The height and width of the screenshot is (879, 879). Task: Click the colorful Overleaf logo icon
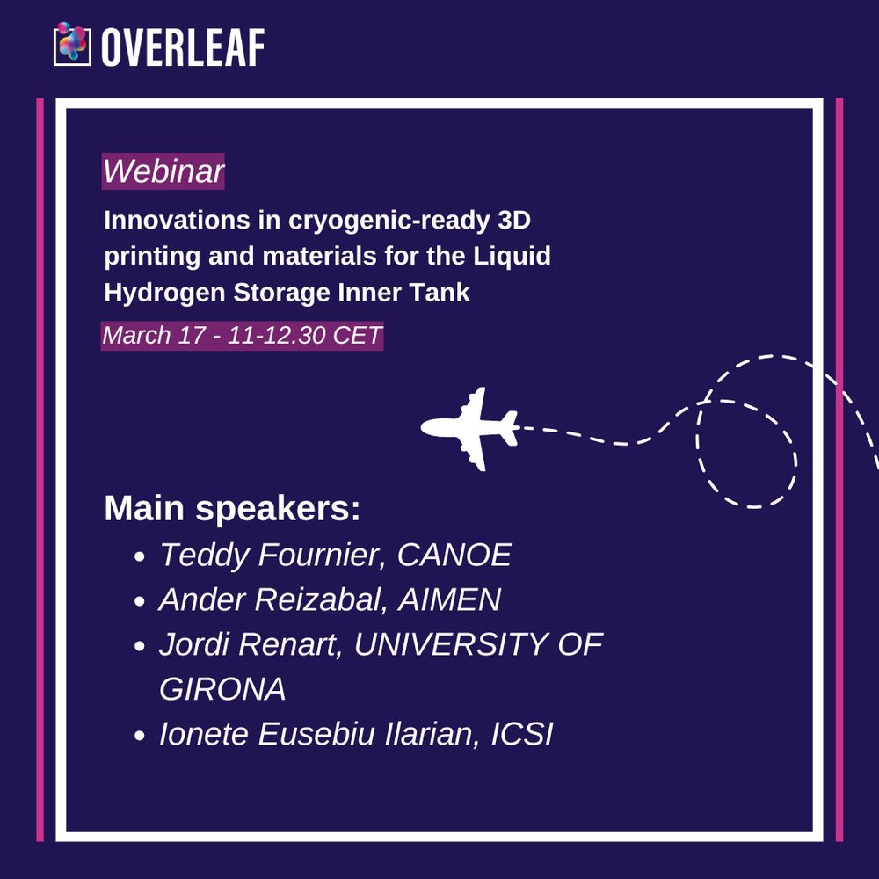tap(72, 44)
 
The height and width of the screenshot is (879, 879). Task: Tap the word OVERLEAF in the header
tap(183, 47)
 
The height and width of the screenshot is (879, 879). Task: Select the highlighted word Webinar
tap(163, 171)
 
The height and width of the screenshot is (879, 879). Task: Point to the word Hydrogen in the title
tap(164, 293)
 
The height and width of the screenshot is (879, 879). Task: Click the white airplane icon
tap(469, 429)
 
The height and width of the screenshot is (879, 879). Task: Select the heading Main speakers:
tap(232, 508)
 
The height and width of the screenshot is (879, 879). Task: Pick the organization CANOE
tap(454, 555)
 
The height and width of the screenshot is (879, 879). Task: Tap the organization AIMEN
tap(449, 599)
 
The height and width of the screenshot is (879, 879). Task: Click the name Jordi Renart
tap(251, 644)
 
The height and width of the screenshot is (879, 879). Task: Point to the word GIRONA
tap(222, 689)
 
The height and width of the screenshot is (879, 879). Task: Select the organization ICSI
tap(522, 734)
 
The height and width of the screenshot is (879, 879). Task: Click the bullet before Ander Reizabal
tap(140, 601)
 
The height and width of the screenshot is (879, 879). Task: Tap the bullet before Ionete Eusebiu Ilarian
tap(140, 736)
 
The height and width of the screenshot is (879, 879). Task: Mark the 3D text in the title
tap(513, 220)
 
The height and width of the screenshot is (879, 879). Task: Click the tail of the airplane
tap(509, 429)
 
